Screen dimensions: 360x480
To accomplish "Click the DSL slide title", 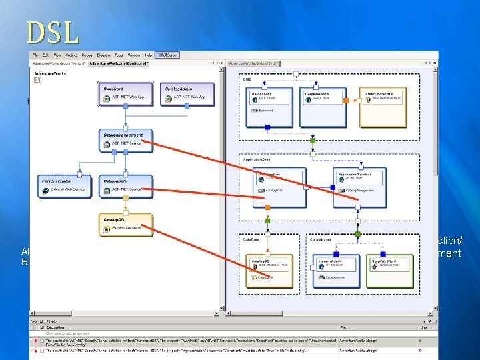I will pyautogui.click(x=53, y=32).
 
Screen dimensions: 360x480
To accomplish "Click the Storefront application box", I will pyautogui.click(x=126, y=94).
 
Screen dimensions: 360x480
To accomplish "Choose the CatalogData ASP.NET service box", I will pyautogui.click(x=126, y=186).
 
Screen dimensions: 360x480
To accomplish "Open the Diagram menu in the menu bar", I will pyautogui.click(x=103, y=55).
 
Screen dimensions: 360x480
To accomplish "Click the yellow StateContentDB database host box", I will pyautogui.click(x=384, y=107).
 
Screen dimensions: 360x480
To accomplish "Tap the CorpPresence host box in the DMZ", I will pyautogui.click(x=322, y=107).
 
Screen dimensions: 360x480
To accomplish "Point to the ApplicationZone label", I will pyautogui.click(x=257, y=160).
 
